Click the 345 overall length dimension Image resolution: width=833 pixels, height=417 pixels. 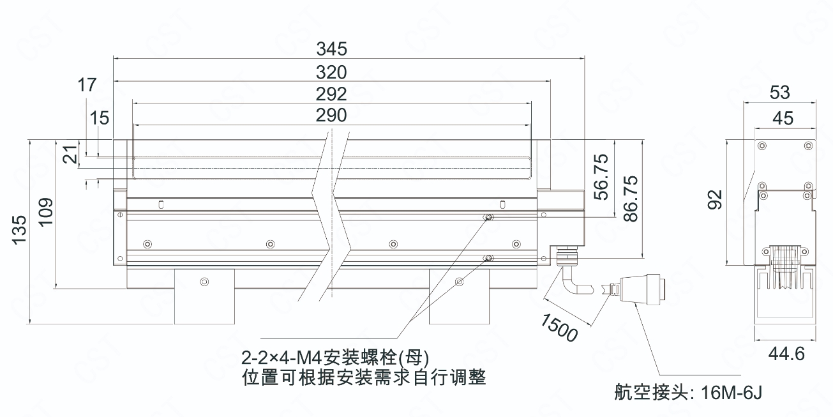tap(331, 48)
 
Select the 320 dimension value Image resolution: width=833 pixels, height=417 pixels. tap(331, 71)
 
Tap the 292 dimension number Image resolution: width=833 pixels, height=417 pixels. tap(331, 94)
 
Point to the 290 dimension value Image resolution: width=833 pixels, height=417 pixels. tap(331, 116)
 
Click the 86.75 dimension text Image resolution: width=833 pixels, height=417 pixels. tap(630, 199)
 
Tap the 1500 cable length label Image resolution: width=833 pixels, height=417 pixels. tap(557, 326)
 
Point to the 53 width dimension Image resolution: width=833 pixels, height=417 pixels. tap(779, 93)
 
